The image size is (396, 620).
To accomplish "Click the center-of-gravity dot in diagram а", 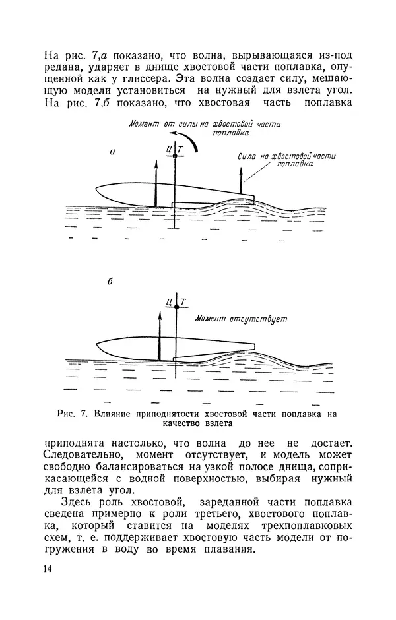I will tap(175, 156).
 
